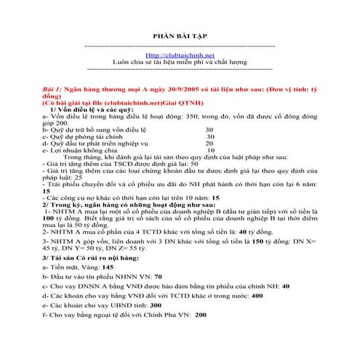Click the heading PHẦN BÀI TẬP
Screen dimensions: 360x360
coord(180,35)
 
